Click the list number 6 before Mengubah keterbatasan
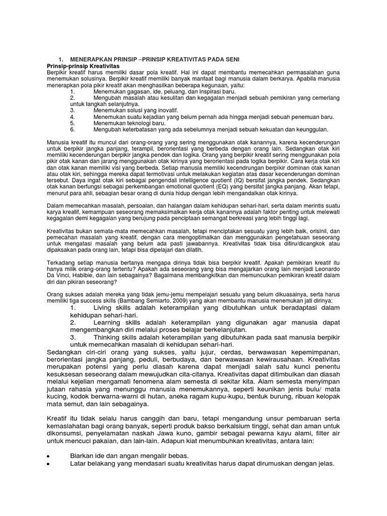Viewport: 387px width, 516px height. coord(73,129)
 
